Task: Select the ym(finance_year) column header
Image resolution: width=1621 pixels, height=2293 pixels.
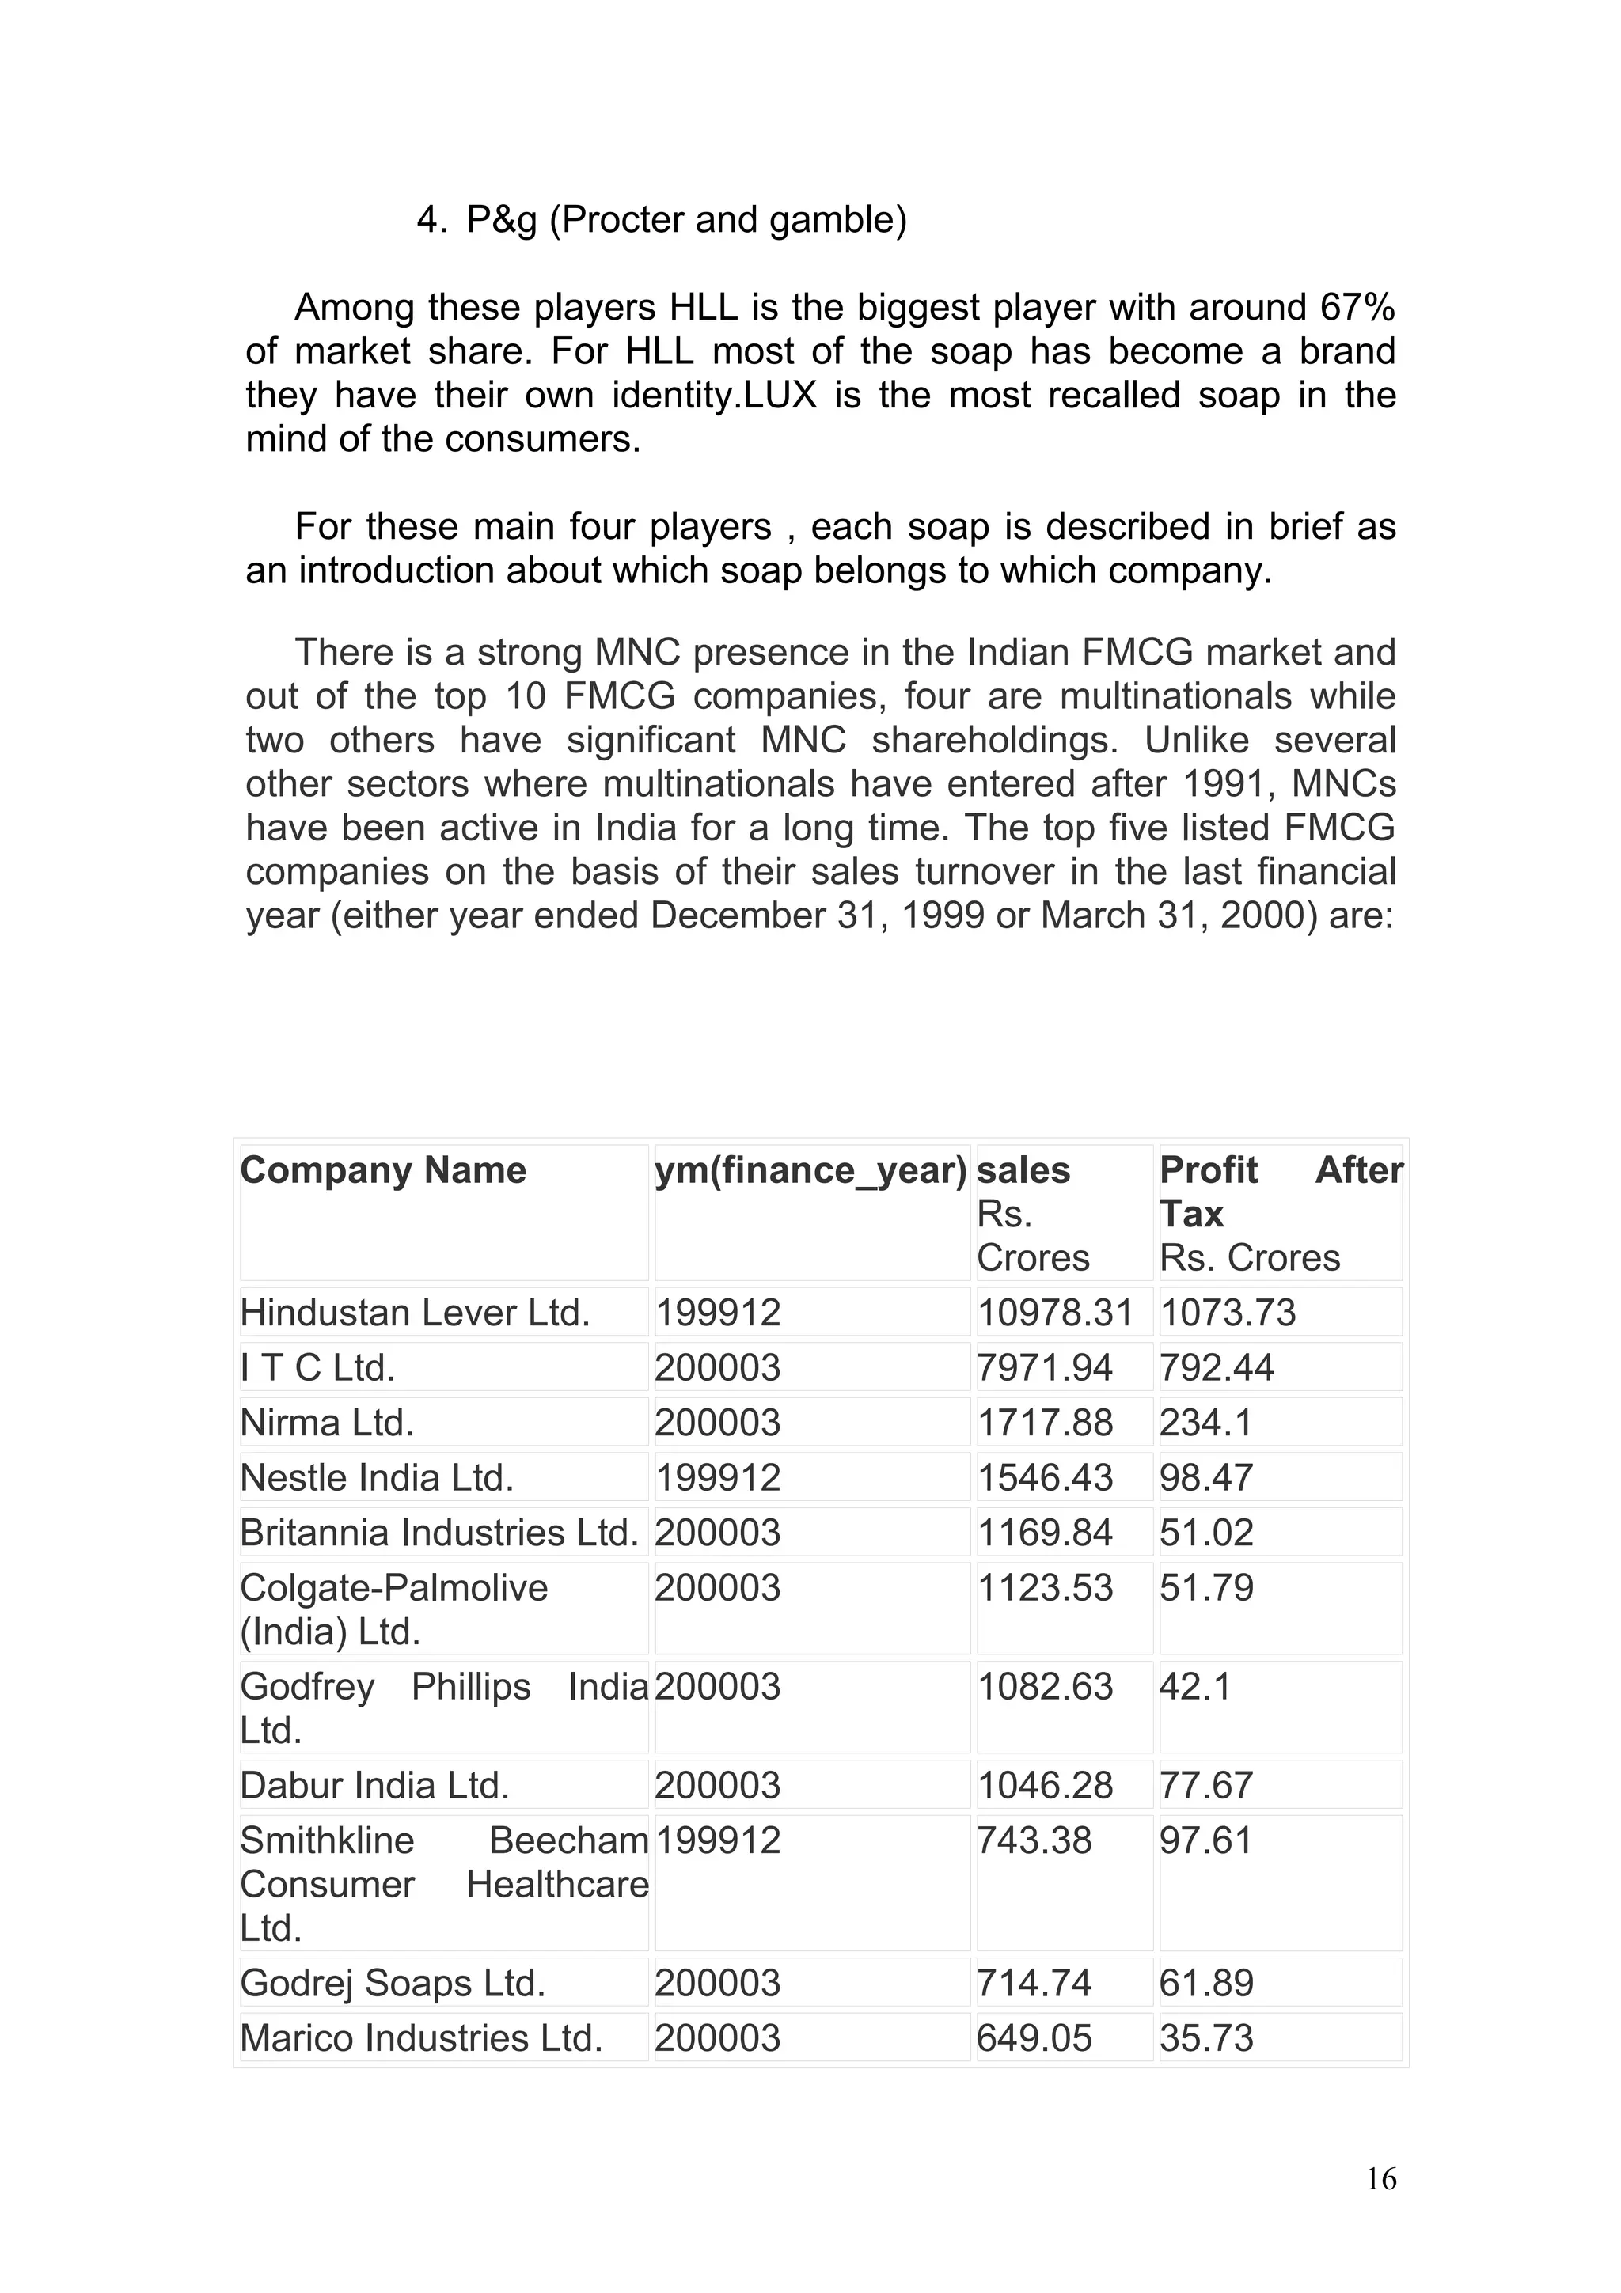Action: click(x=810, y=1170)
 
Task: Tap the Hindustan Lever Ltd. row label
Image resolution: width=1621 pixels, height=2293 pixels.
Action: click(x=415, y=1313)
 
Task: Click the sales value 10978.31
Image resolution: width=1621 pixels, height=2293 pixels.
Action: click(x=1055, y=1313)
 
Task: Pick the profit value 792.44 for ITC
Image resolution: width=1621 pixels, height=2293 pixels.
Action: click(x=1216, y=1368)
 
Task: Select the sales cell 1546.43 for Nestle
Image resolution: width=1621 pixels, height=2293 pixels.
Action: click(x=1044, y=1478)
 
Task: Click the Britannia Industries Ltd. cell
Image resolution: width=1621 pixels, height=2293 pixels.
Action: click(x=438, y=1533)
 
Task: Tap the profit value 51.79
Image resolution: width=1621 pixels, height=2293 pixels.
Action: click(x=1205, y=1588)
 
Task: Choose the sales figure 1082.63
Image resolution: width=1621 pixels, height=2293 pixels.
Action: click(x=1044, y=1687)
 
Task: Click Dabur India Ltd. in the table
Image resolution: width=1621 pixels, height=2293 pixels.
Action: click(x=374, y=1786)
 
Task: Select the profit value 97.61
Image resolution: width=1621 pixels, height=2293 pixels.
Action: click(x=1205, y=1840)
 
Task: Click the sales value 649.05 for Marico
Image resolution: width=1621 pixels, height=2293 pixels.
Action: click(x=1034, y=2038)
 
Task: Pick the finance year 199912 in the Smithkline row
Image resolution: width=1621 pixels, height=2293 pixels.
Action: click(x=717, y=1840)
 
